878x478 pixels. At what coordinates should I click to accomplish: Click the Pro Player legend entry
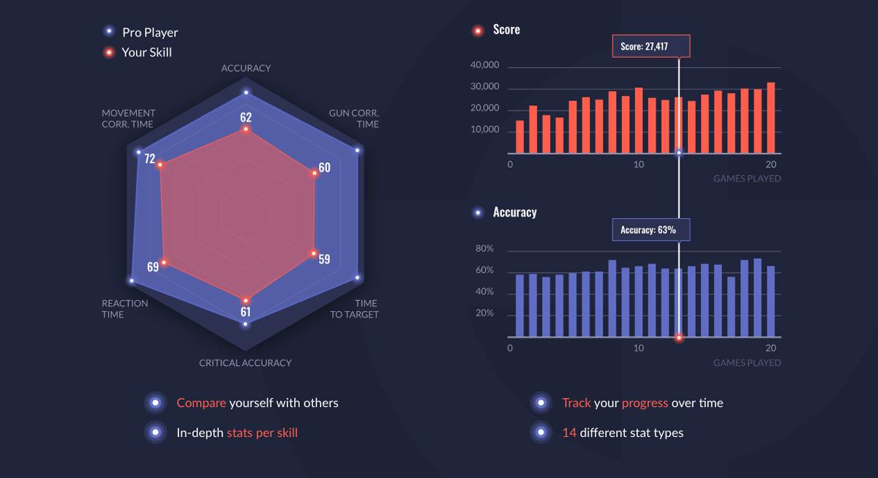(149, 32)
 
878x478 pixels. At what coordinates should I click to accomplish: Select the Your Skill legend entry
(146, 52)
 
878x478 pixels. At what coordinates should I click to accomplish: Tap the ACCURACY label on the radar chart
(246, 68)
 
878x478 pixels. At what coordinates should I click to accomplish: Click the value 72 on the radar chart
(149, 159)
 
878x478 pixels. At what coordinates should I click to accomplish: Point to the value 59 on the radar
(324, 259)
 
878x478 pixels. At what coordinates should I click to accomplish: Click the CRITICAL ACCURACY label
(245, 363)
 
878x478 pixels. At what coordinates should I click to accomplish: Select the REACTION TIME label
(124, 309)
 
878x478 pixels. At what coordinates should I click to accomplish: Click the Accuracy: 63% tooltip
(648, 230)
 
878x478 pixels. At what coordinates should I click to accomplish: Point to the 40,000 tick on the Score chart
(484, 65)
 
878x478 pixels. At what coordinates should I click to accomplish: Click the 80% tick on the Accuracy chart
(485, 249)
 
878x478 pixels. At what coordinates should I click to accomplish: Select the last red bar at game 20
(770, 117)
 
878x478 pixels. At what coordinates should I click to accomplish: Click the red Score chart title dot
(478, 31)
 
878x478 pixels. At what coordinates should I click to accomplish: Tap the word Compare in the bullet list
(200, 403)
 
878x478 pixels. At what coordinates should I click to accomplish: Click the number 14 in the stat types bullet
(569, 433)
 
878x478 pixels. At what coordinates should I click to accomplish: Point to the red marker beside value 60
(315, 173)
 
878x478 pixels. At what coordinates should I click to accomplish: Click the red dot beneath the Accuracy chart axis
(679, 337)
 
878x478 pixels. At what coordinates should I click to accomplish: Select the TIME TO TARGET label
(354, 309)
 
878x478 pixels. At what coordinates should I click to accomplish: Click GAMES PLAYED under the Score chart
(747, 179)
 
